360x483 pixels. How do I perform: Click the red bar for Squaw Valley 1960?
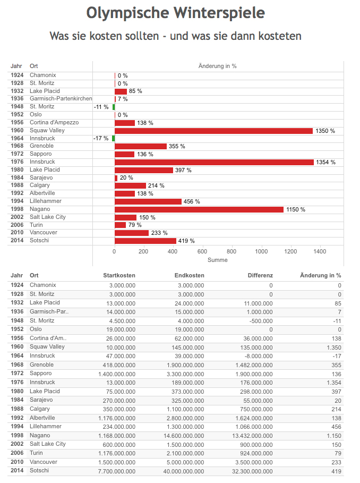tap(213, 131)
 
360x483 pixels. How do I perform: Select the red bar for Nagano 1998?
tap(199, 209)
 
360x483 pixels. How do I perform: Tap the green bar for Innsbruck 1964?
tap(113, 139)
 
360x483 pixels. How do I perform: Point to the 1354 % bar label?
tap(325, 163)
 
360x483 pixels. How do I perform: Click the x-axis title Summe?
tap(218, 260)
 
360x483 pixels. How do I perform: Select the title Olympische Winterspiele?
tap(176, 13)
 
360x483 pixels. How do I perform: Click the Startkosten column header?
tap(119, 275)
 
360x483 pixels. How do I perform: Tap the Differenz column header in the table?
tap(260, 275)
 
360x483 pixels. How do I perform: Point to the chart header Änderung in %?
tap(217, 66)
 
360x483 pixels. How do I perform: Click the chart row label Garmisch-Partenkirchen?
tap(61, 99)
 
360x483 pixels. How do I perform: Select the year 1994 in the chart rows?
tap(17, 201)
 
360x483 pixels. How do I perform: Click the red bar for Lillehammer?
tap(148, 201)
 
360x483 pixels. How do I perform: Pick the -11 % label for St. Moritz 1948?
tap(101, 107)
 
